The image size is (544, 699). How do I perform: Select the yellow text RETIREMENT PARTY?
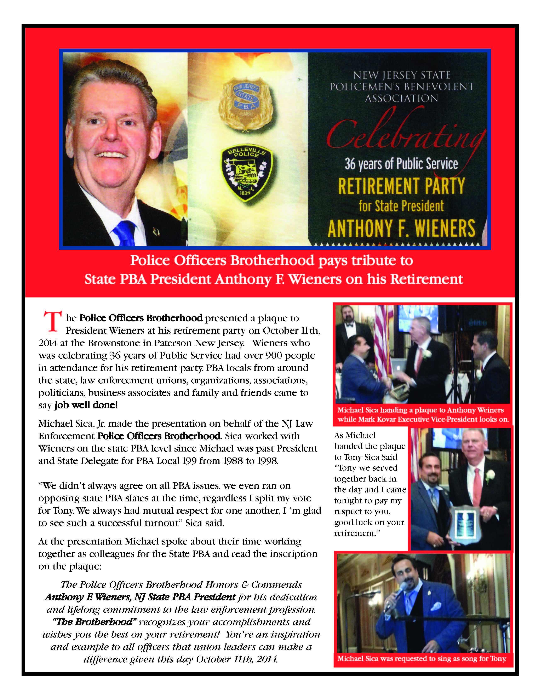pyautogui.click(x=401, y=186)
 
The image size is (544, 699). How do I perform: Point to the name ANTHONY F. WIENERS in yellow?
pyautogui.click(x=401, y=228)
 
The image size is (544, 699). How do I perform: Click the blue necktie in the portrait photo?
pyautogui.click(x=125, y=233)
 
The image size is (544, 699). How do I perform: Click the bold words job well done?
pyautogui.click(x=86, y=405)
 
